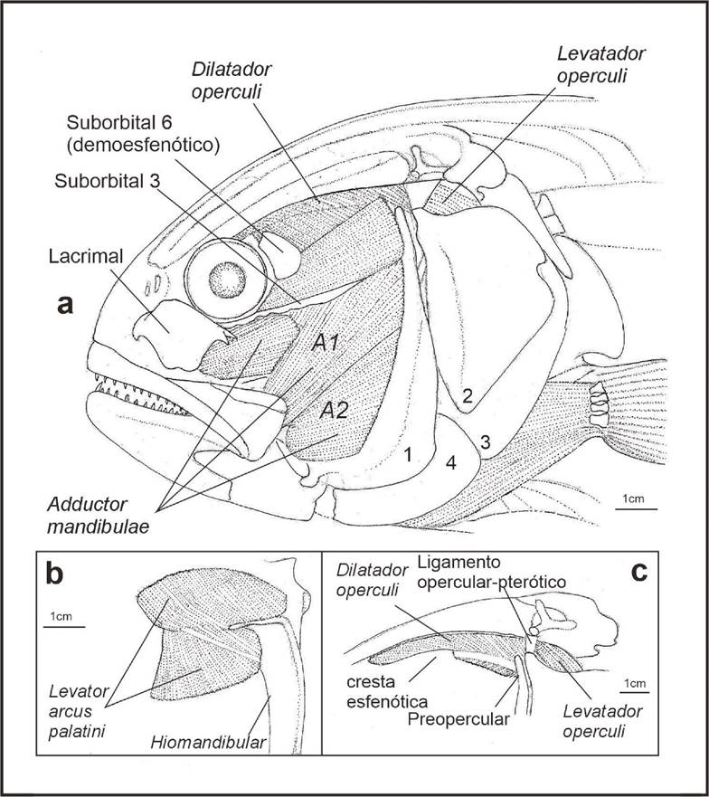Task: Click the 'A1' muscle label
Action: tap(324, 344)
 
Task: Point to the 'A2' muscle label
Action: tap(336, 411)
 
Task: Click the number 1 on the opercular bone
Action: tap(409, 456)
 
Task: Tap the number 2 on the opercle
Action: tap(468, 394)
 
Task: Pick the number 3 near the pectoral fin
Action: tap(486, 441)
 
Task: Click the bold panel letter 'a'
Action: tap(64, 305)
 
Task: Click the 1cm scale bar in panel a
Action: tap(630, 509)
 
